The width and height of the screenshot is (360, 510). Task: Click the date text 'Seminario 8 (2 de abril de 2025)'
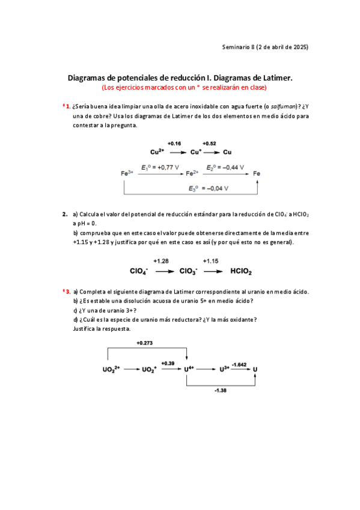[x=265, y=47]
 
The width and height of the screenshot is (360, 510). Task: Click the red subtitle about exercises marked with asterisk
[x=184, y=87]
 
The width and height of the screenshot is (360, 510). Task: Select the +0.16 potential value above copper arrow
[x=174, y=144]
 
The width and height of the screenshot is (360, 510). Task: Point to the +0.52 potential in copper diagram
[x=209, y=144]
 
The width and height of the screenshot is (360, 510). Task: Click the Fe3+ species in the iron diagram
[x=127, y=174]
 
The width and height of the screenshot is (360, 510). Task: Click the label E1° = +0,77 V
[x=160, y=168]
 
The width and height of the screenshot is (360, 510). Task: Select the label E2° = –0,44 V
[x=225, y=168]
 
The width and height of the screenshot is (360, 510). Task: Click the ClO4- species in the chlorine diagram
[x=139, y=271]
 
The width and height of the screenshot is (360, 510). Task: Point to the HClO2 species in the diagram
[x=241, y=271]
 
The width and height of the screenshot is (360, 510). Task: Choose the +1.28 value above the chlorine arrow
[x=161, y=262]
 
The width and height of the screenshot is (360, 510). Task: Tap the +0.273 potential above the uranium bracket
[x=145, y=343]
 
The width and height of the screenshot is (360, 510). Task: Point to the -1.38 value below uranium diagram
[x=221, y=390]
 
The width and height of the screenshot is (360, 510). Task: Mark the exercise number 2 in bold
[x=65, y=214]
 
